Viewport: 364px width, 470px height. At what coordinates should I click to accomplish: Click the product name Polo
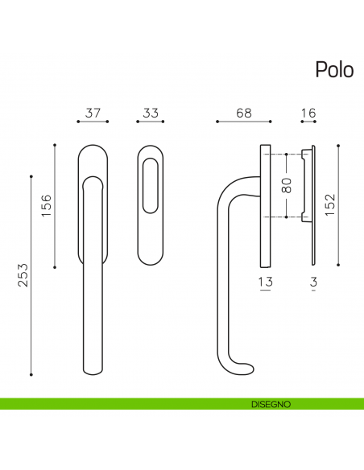(x=333, y=70)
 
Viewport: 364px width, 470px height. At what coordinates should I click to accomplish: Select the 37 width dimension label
(x=93, y=113)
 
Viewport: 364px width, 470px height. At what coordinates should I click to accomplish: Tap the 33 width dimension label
(x=151, y=113)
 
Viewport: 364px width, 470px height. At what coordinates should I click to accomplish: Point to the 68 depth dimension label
(x=244, y=113)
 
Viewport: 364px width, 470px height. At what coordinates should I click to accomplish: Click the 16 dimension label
(x=307, y=113)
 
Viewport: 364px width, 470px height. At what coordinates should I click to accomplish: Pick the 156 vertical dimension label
(x=46, y=207)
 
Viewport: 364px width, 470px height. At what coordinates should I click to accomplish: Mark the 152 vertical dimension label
(x=330, y=206)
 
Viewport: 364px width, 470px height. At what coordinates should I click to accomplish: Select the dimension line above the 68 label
(x=244, y=122)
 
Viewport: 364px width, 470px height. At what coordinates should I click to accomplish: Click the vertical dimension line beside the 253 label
(x=31, y=274)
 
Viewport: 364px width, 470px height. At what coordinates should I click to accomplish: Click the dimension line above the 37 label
(x=93, y=122)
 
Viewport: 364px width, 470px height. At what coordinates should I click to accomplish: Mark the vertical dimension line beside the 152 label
(x=338, y=205)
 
